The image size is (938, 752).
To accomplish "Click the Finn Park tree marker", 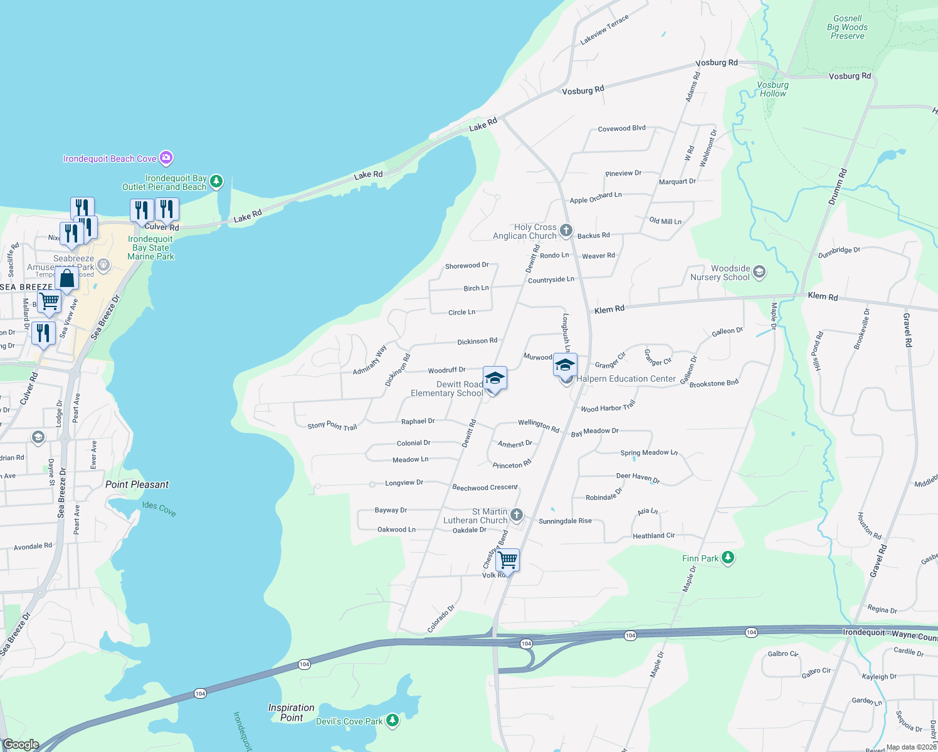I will [727, 557].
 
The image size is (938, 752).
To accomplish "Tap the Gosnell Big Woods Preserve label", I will [847, 28].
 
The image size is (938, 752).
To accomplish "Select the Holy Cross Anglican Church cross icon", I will [566, 231].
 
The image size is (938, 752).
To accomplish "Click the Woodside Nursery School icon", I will [759, 271].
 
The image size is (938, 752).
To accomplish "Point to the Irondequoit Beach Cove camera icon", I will [166, 157].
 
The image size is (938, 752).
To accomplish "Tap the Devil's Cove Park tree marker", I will [393, 721].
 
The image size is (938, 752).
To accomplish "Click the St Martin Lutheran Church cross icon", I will [517, 515].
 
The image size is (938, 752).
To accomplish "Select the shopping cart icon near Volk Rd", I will [507, 559].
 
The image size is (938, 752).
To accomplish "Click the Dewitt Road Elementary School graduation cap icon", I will [495, 378].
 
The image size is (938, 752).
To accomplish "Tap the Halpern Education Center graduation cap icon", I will [565, 365].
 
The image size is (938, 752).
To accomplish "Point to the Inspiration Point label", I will [292, 713].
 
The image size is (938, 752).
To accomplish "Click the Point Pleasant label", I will [137, 484].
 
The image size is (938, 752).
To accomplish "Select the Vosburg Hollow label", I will [772, 89].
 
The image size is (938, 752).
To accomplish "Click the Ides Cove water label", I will [159, 509].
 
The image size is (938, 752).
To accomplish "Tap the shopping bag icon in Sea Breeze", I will [66, 278].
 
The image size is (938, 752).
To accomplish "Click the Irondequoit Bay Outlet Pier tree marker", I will [216, 181].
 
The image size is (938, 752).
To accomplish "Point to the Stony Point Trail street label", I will [332, 426].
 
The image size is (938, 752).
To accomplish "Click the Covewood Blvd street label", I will [621, 128].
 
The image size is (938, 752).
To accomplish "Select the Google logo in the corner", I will [21, 744].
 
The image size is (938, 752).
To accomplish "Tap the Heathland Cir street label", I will [653, 536].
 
